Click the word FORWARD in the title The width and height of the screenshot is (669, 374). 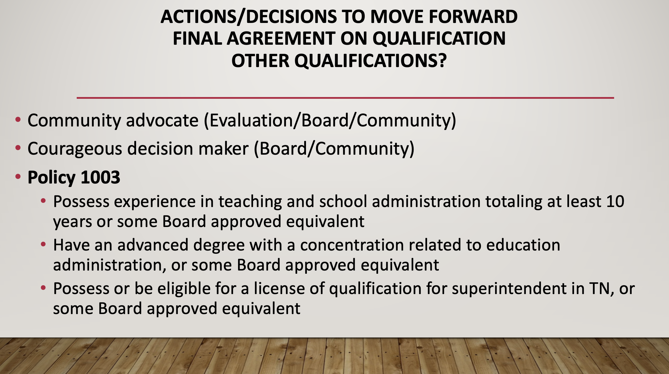(473, 16)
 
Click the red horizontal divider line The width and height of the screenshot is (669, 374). (345, 98)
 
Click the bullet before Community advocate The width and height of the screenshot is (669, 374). (18, 119)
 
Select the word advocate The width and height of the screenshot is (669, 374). (162, 120)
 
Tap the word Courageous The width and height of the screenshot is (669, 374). (75, 149)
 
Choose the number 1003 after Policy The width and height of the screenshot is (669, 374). (100, 177)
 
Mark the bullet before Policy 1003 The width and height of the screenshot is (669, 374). (18, 176)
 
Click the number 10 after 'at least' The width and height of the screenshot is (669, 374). (615, 202)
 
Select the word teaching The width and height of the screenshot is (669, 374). (250, 202)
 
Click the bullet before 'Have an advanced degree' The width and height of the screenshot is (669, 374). (44, 244)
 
